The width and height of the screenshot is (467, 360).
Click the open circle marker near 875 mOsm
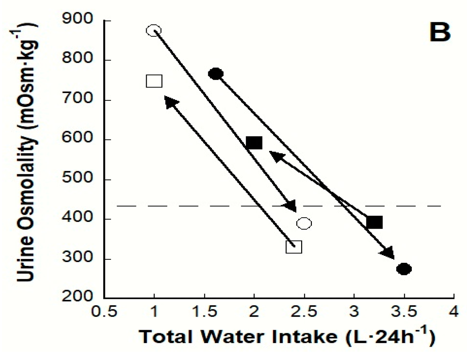pos(154,31)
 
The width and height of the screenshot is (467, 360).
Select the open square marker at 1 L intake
pos(154,81)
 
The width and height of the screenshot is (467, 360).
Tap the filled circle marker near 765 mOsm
pos(215,74)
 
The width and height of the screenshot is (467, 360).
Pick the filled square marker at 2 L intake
pos(254,143)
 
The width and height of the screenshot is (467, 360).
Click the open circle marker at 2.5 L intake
pos(304,223)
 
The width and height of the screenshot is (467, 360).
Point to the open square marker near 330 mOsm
pos(294,247)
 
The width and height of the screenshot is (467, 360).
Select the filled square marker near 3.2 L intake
pos(374,222)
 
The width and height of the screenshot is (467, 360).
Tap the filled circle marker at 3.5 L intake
pos(404,269)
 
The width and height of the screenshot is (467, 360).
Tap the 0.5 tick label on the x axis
pos(104,312)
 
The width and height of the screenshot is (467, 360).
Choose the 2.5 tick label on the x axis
pos(304,312)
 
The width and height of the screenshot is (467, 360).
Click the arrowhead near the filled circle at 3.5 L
pos(388,252)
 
